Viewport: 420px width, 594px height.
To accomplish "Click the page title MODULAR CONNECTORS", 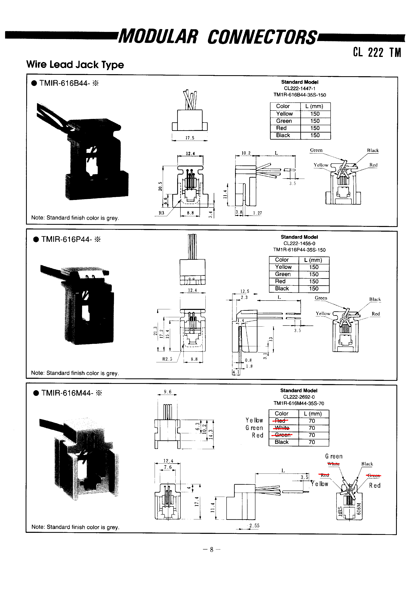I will [x=217, y=37].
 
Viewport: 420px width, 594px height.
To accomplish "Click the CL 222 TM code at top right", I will [x=377, y=52].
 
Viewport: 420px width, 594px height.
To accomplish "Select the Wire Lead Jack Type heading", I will [x=75, y=64].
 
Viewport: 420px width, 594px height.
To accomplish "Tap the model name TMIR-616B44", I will [x=65, y=83].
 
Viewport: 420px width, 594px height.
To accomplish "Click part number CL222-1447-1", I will [x=300, y=88].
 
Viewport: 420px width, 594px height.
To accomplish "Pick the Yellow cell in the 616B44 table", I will [x=284, y=114].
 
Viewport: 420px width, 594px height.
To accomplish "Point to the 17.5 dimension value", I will [x=190, y=138].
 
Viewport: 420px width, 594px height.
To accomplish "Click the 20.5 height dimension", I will [x=160, y=186].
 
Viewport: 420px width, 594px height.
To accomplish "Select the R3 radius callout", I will [x=161, y=213].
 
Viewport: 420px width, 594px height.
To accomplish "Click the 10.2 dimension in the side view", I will [x=246, y=153].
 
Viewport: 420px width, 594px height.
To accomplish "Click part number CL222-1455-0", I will [x=299, y=243].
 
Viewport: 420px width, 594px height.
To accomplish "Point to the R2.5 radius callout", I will [x=167, y=359].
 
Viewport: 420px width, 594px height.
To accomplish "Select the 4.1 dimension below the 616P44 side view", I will [x=236, y=372].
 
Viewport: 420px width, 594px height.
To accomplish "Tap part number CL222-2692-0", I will [x=299, y=397].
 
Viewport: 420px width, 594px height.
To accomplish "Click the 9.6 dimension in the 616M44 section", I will [x=168, y=392].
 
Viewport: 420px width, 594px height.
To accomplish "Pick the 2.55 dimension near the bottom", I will [x=254, y=526].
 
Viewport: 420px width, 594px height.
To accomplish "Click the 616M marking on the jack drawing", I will [x=358, y=509].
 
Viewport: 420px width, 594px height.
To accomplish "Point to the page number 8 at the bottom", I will [x=212, y=550].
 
